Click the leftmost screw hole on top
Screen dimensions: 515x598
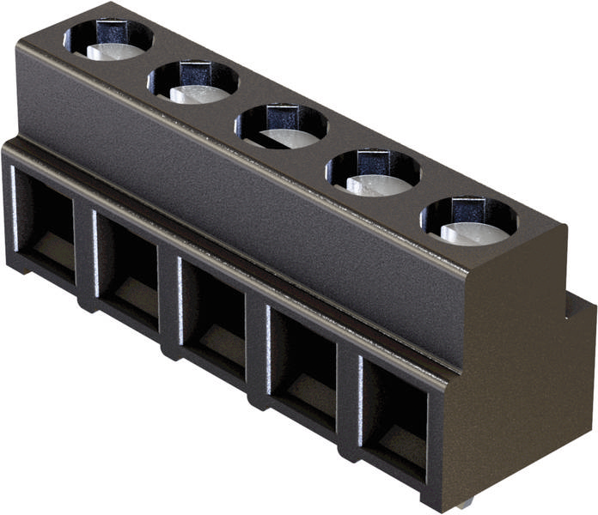[108, 39]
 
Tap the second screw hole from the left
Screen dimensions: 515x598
[192, 82]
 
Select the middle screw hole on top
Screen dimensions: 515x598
[282, 125]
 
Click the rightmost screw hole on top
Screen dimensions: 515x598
[469, 221]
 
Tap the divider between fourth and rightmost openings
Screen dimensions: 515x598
[348, 393]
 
